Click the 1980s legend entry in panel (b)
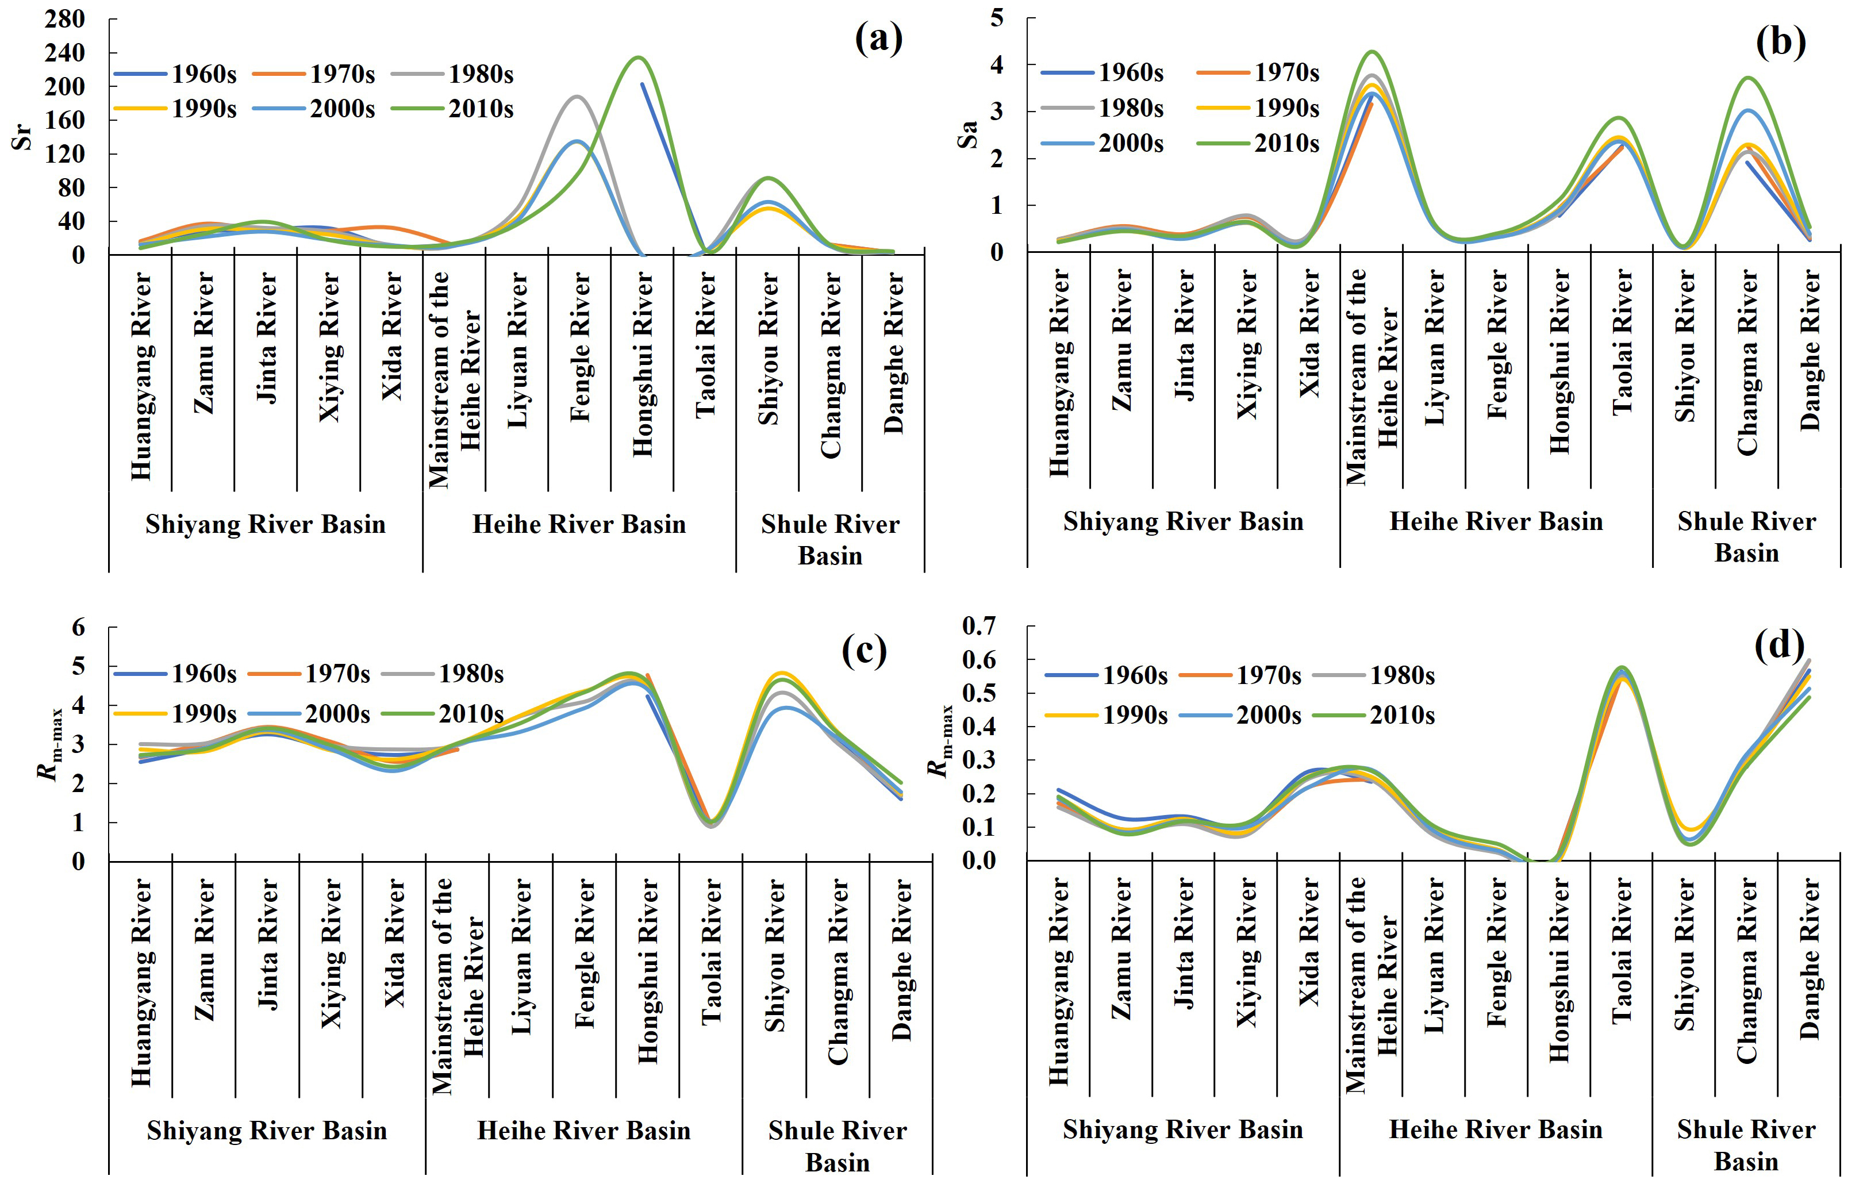pyautogui.click(x=1102, y=108)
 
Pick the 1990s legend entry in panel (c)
pyautogui.click(x=175, y=713)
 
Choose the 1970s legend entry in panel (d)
pyautogui.click(x=1240, y=675)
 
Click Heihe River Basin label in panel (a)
pyautogui.click(x=579, y=525)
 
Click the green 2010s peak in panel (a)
pyautogui.click(x=638, y=57)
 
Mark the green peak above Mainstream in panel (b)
pyautogui.click(x=1373, y=52)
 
